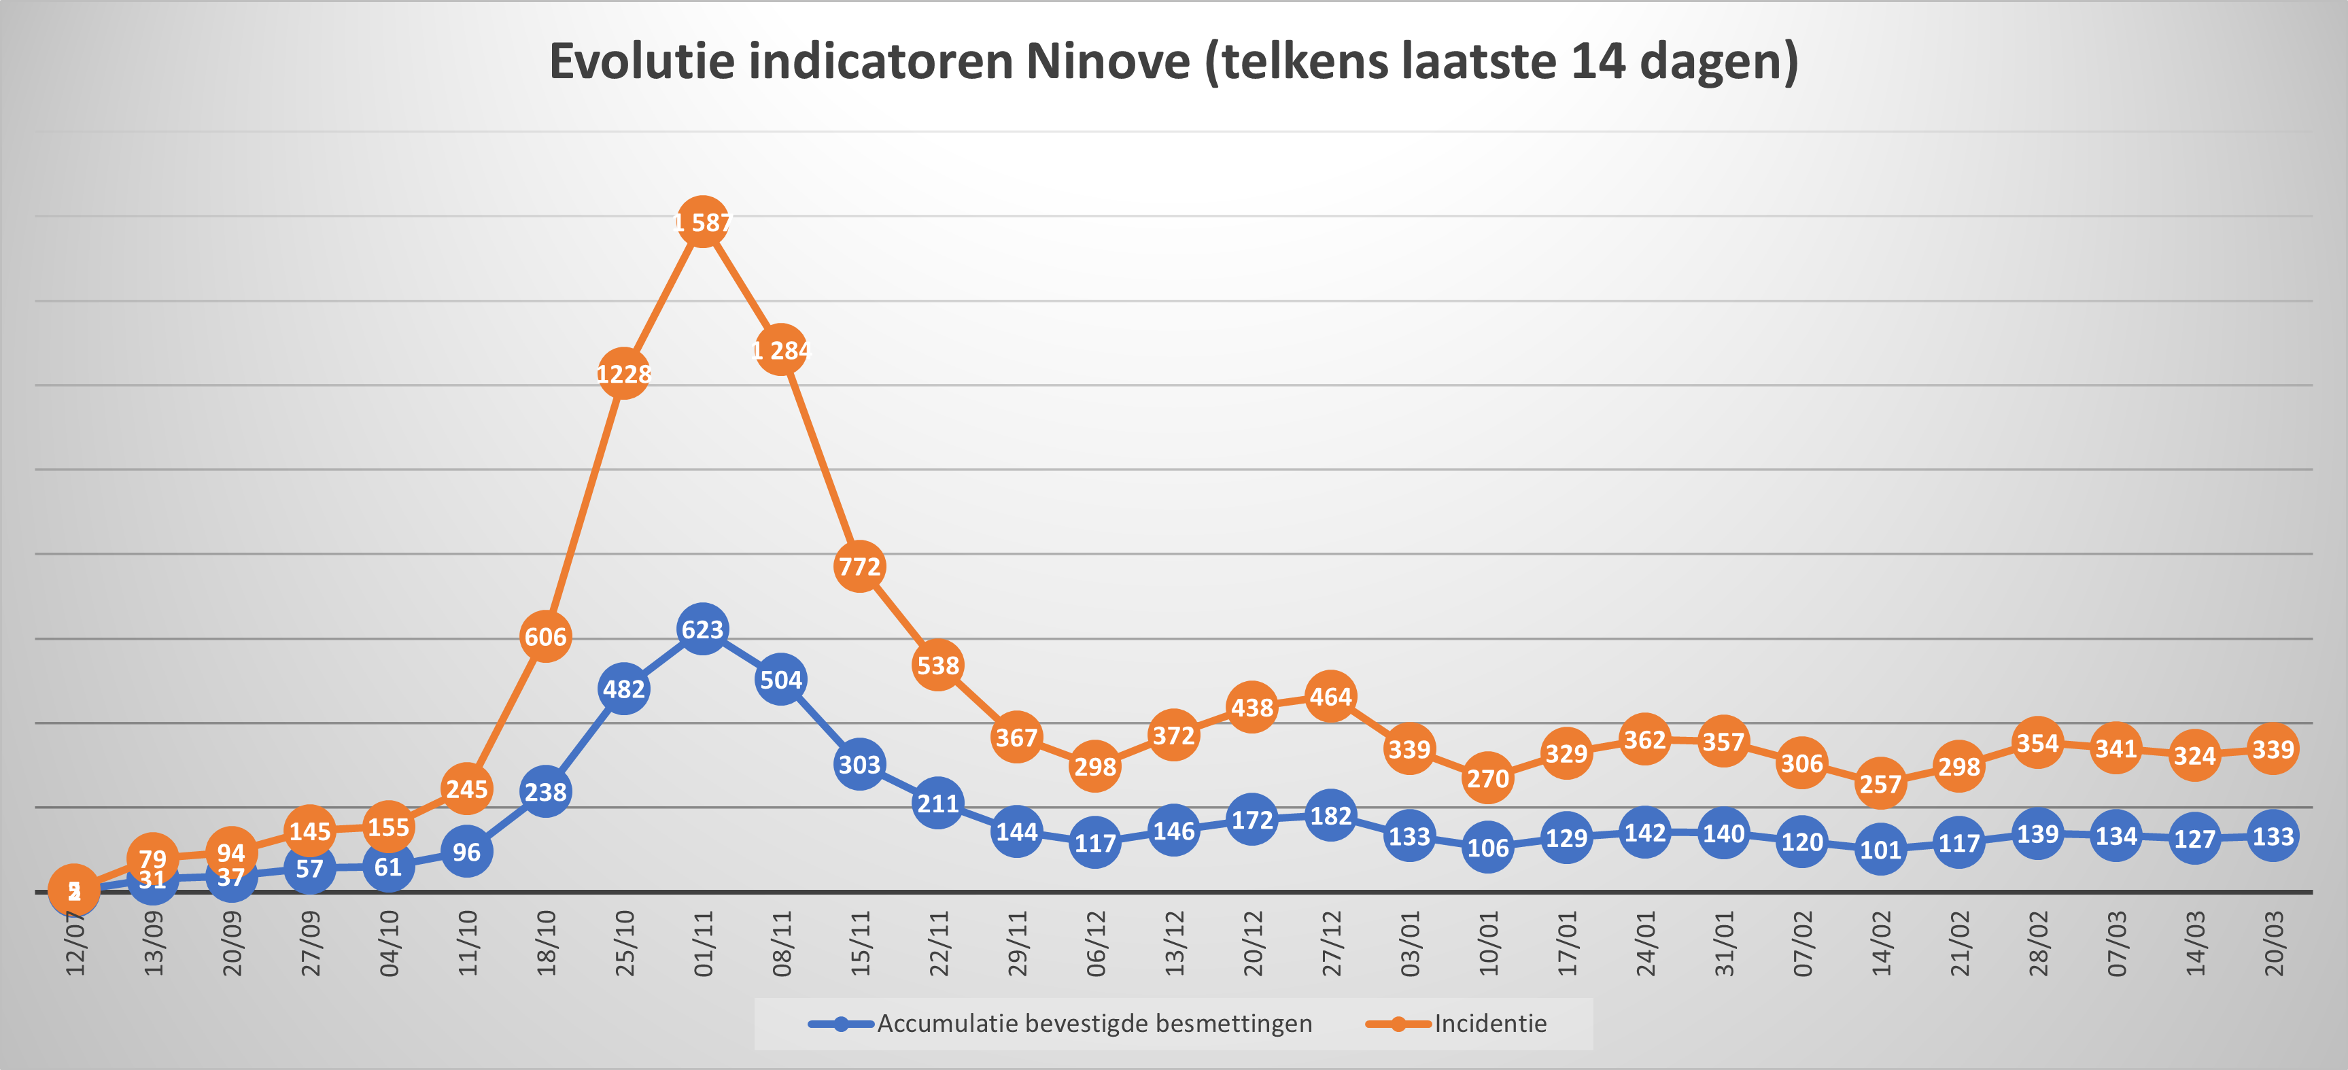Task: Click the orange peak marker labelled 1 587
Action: pos(702,222)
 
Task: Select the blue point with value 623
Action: pos(702,629)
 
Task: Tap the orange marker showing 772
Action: pos(859,566)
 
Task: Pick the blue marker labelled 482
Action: pos(623,689)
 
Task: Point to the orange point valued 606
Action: pos(545,636)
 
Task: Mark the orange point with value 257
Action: pos(1880,784)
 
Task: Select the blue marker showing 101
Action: pos(1880,850)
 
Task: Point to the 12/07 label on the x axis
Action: pos(75,944)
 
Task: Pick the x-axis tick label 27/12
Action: pos(1331,944)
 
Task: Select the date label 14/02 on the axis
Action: pos(1880,944)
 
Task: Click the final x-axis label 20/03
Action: pos(2273,944)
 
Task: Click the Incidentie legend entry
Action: pos(1489,1024)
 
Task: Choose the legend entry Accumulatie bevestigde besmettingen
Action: pos(1094,1024)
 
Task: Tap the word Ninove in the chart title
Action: pos(1107,62)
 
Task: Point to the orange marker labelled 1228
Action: pos(623,374)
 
